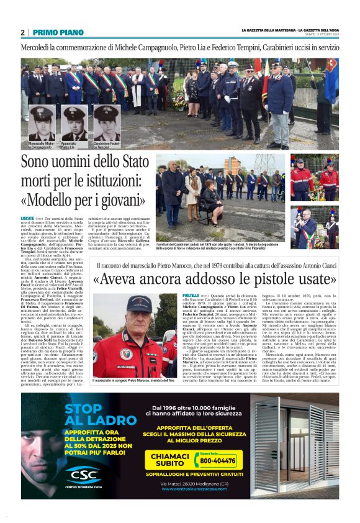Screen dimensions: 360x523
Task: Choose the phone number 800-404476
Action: pos(217,462)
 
